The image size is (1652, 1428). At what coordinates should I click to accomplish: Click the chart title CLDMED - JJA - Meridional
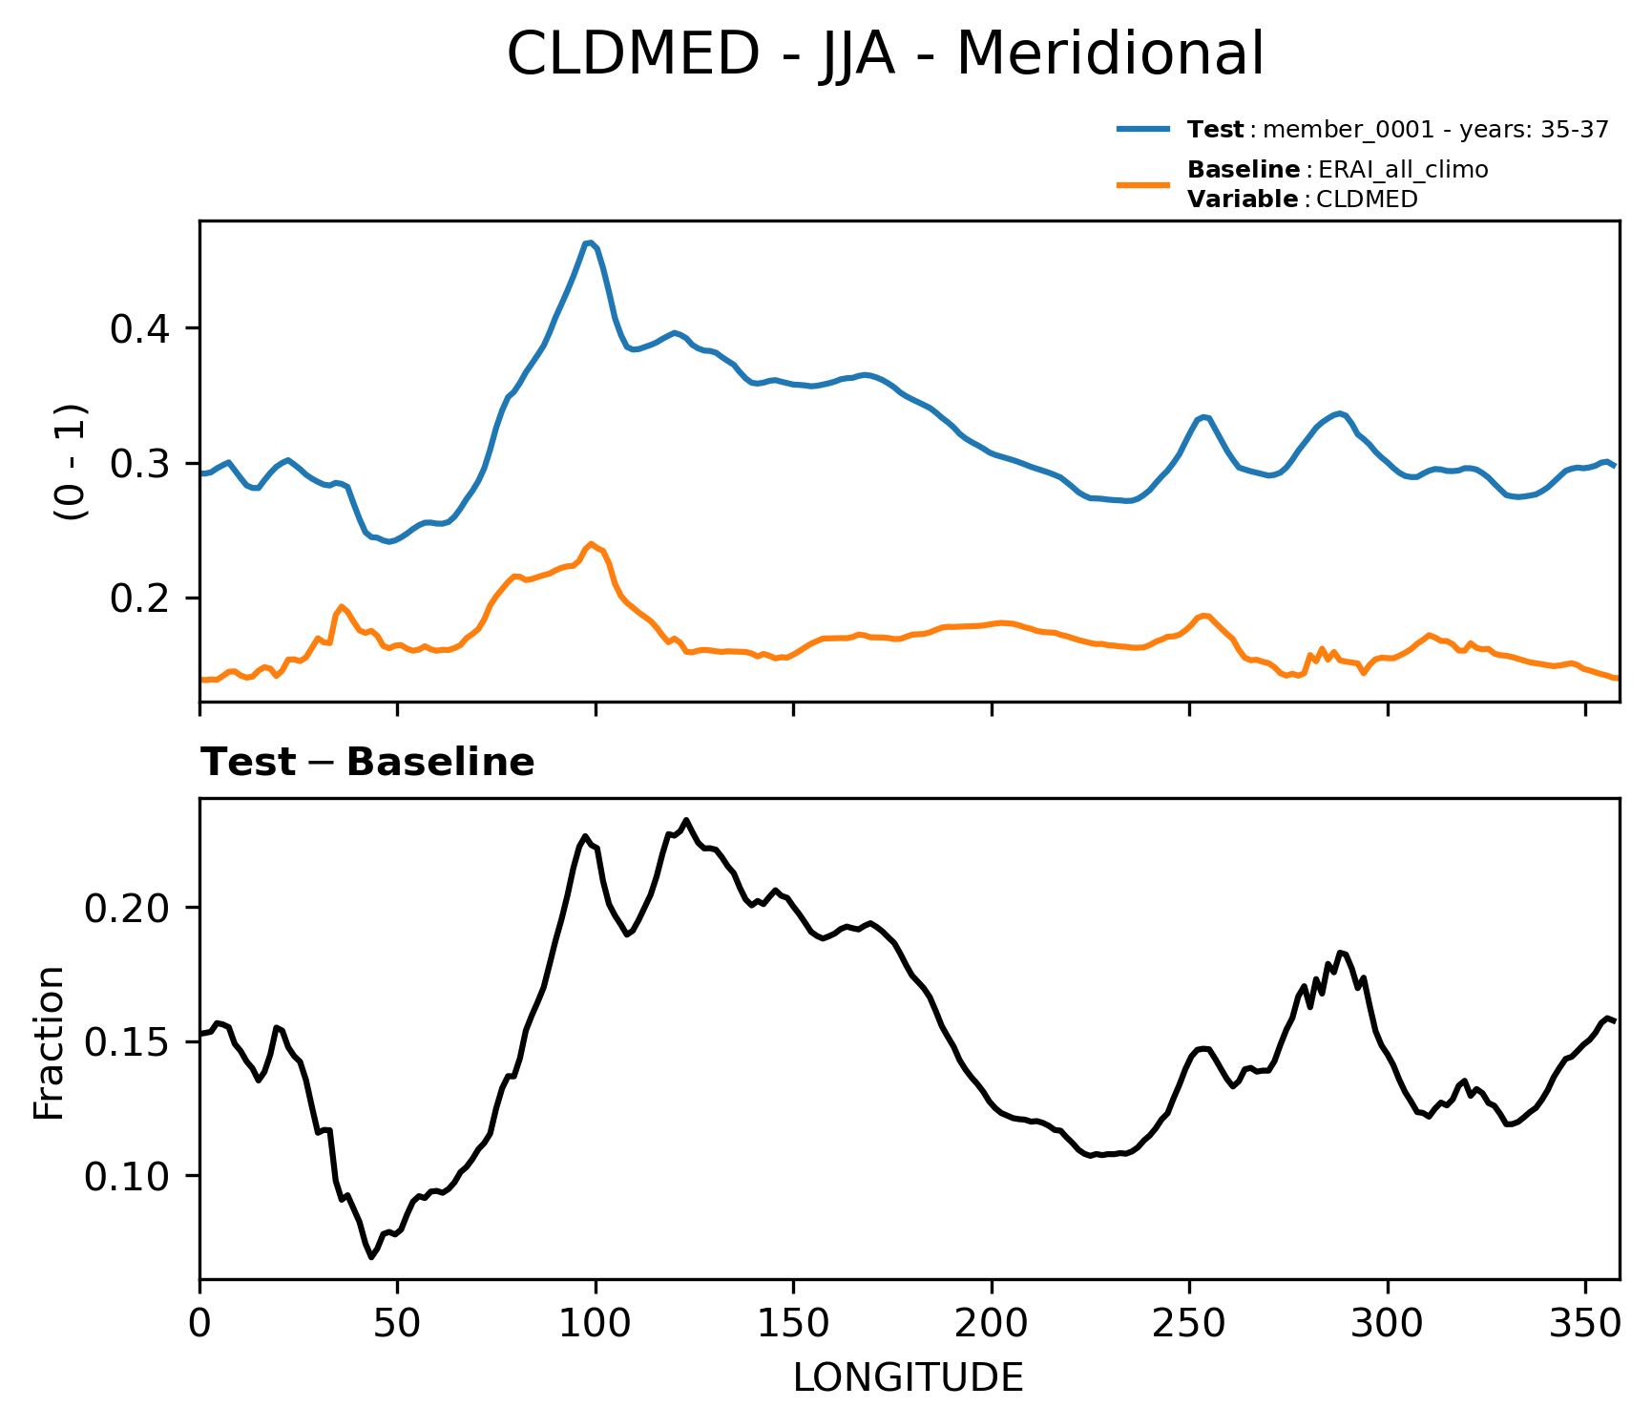click(x=885, y=53)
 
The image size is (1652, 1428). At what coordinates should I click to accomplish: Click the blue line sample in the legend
click(x=1143, y=128)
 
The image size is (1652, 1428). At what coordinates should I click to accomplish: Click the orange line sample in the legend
click(x=1143, y=183)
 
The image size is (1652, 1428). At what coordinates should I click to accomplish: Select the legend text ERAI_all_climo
click(x=1403, y=170)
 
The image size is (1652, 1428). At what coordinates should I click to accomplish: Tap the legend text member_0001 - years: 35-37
click(x=1435, y=130)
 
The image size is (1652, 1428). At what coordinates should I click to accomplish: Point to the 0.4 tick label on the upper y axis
click(x=140, y=329)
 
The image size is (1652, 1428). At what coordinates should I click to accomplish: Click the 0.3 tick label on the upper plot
click(x=140, y=464)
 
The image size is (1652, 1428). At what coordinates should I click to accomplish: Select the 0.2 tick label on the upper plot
click(x=140, y=598)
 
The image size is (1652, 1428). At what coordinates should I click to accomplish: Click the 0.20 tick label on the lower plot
click(x=128, y=907)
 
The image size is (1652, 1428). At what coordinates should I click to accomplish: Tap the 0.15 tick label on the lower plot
click(x=128, y=1041)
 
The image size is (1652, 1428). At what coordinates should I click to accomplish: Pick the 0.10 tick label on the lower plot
click(x=128, y=1176)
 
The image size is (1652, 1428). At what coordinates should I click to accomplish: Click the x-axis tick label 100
click(x=596, y=1323)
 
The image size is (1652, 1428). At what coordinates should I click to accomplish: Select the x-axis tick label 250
click(x=1189, y=1323)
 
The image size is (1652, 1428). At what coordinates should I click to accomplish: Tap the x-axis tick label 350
click(x=1585, y=1323)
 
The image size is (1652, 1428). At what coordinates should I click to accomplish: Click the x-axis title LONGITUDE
click(x=909, y=1377)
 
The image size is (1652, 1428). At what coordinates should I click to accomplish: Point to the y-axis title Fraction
click(x=49, y=1042)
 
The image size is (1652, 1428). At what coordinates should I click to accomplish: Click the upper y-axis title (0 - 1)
click(x=71, y=462)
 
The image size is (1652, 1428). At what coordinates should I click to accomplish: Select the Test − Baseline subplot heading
click(x=367, y=763)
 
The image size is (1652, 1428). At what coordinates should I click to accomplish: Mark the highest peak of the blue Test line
click(x=591, y=242)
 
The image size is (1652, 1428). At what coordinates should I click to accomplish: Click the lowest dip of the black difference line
click(x=371, y=1257)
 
